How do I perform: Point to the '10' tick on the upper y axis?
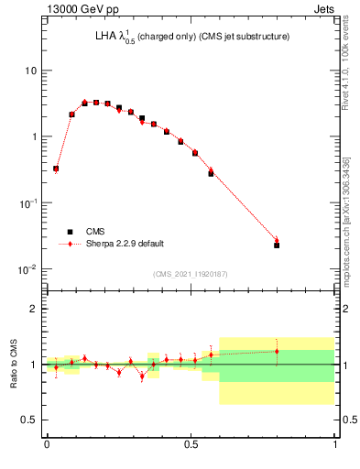click(x=31, y=71)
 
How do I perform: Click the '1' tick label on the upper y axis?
click(x=34, y=136)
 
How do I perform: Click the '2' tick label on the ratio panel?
click(x=34, y=309)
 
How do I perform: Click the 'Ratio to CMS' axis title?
click(x=14, y=364)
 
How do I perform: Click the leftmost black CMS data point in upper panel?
click(x=56, y=169)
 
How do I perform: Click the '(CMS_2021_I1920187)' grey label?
click(x=190, y=274)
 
